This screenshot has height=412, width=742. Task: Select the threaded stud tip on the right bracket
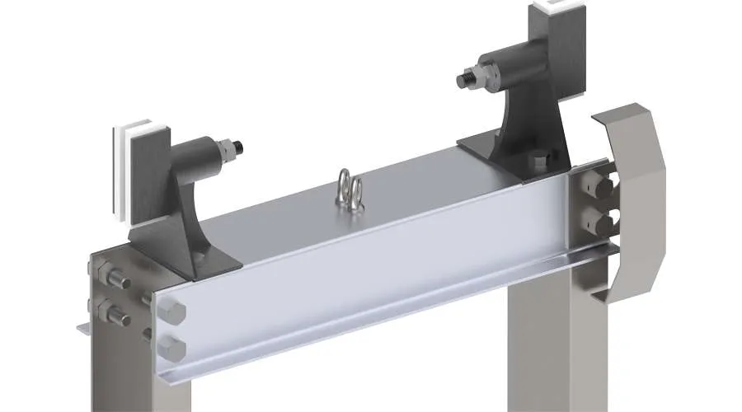(463, 80)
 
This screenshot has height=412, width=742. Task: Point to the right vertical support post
(544, 346)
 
